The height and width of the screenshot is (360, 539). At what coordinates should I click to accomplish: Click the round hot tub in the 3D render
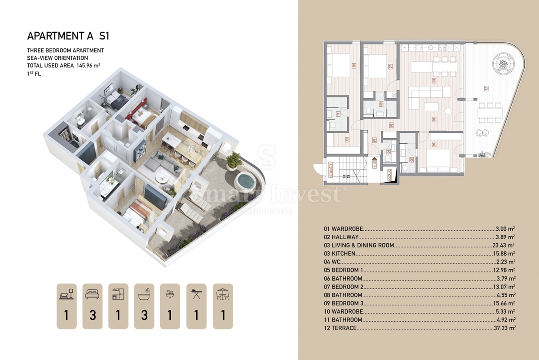244,182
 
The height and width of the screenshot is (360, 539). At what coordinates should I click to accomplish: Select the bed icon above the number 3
93,294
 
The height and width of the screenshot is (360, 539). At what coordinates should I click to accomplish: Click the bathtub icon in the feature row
144,294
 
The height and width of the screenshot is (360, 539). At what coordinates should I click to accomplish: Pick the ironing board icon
196,294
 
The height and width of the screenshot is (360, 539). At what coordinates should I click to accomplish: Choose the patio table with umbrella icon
222,294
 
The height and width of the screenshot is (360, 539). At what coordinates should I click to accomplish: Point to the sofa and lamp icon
66,294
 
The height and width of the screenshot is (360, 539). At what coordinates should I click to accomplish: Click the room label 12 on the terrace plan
487,88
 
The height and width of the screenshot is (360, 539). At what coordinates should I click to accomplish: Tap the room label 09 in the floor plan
354,66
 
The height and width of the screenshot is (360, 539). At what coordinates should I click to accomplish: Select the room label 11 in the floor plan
337,114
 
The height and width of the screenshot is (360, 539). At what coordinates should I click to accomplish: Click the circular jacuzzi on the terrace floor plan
503,64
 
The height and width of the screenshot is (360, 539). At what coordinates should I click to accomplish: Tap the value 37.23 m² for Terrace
505,328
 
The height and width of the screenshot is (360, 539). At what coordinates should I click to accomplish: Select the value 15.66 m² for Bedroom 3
504,303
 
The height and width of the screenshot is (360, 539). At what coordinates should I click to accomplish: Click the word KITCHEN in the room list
344,254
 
